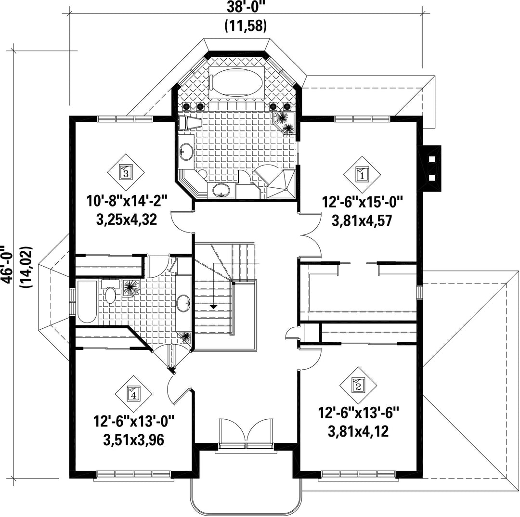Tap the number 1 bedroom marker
(362, 174)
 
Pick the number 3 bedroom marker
(126, 172)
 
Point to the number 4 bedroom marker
(133, 394)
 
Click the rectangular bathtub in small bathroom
(87, 301)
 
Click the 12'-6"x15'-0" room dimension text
(362, 202)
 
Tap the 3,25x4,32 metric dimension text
(126, 219)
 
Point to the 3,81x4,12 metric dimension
(358, 431)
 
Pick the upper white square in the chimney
(432, 159)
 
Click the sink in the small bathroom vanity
(183, 303)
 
